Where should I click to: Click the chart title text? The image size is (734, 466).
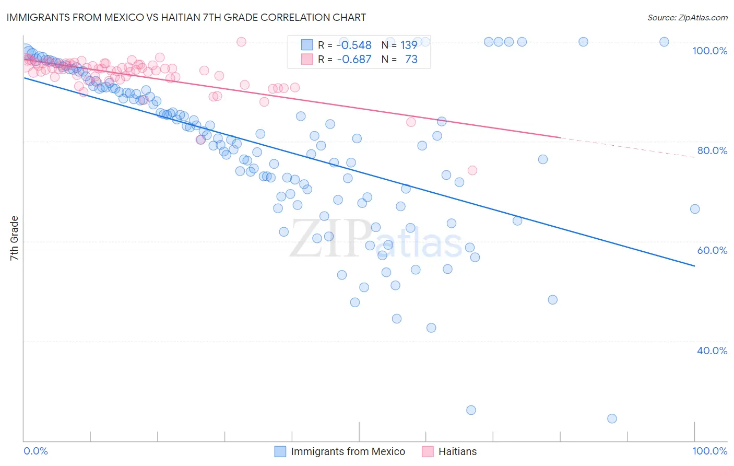click(186, 17)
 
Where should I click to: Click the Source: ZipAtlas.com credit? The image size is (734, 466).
click(687, 17)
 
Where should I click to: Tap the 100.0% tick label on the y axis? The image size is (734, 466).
click(709, 51)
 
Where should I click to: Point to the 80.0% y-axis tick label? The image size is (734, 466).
click(712, 150)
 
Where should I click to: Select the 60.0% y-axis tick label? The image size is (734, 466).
click(712, 250)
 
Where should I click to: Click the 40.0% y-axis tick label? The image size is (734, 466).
click(712, 351)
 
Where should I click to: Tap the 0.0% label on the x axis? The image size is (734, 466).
click(35, 451)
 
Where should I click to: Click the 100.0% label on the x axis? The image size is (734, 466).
click(709, 451)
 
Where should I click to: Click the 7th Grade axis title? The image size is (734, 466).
click(14, 238)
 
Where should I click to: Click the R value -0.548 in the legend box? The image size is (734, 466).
click(354, 45)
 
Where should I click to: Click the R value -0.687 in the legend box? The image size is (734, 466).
click(354, 60)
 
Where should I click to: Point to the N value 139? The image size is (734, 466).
click(409, 45)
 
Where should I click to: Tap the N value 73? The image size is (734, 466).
click(411, 60)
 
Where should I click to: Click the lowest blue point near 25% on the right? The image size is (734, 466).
click(612, 418)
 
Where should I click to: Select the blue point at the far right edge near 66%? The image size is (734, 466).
click(694, 209)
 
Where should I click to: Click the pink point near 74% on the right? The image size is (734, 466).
click(472, 170)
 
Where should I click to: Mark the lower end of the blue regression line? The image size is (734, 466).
click(694, 266)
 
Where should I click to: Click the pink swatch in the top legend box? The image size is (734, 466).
click(307, 59)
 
